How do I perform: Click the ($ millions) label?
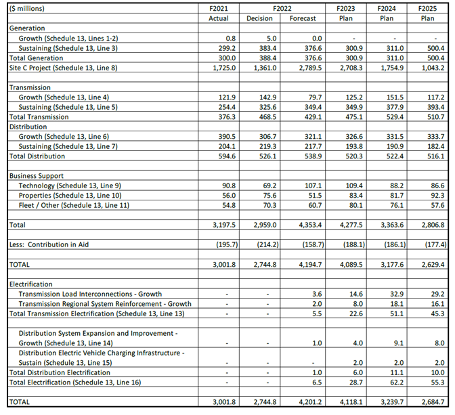click(x=30, y=7)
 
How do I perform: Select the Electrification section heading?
click(x=31, y=284)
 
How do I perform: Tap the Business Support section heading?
click(x=37, y=175)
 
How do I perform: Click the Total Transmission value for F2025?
click(x=433, y=117)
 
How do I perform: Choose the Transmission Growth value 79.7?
click(x=309, y=97)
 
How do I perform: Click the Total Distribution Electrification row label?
click(x=60, y=372)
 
